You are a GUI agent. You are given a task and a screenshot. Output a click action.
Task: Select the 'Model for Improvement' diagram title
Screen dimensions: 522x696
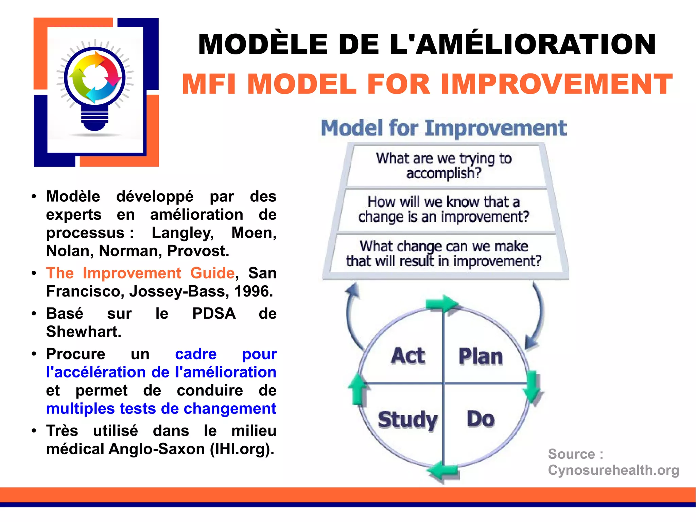tap(444, 128)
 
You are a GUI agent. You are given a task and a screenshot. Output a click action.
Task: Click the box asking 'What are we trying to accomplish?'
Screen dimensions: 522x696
tap(444, 166)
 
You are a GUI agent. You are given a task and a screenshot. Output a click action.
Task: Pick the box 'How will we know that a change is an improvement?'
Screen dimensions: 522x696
tap(444, 209)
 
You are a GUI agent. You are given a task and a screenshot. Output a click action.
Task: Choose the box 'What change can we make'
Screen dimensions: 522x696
tap(444, 254)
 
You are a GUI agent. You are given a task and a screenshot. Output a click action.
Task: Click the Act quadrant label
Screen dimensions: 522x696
tap(408, 356)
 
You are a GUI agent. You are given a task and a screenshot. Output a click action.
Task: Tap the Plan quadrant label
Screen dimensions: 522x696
tap(481, 357)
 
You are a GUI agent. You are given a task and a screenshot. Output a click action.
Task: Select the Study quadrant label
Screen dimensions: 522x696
tap(407, 420)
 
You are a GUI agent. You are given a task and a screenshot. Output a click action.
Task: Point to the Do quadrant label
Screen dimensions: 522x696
tap(481, 419)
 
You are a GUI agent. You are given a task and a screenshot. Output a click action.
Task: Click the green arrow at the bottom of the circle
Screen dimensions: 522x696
tap(443, 471)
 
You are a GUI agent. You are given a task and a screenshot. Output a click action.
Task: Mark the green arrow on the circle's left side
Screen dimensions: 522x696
tap(358, 389)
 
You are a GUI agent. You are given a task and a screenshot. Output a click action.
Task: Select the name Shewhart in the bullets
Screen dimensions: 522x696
tap(84, 332)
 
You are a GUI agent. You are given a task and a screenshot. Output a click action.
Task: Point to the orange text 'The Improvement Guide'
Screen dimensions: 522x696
tap(140, 273)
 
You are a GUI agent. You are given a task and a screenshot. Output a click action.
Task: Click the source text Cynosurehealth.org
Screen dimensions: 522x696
tap(613, 470)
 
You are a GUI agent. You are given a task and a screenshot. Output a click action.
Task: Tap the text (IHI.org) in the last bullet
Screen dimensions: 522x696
tap(242, 449)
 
